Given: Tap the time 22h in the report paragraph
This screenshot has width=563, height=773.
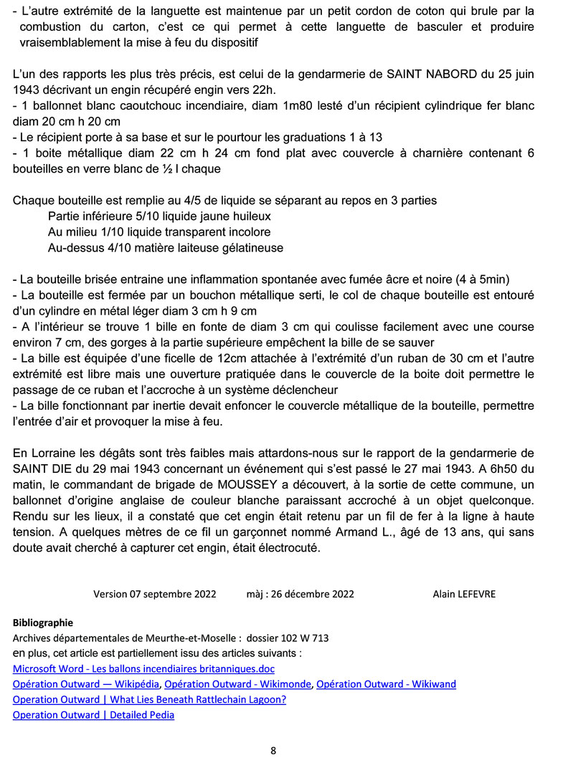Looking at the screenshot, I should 271,90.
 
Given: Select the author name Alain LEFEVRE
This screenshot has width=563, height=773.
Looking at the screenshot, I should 463,594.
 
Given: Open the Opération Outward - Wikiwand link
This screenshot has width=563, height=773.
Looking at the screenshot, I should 386,683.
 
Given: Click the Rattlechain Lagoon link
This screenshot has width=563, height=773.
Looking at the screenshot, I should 149,699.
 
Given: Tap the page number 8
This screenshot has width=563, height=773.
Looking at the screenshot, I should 273,751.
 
